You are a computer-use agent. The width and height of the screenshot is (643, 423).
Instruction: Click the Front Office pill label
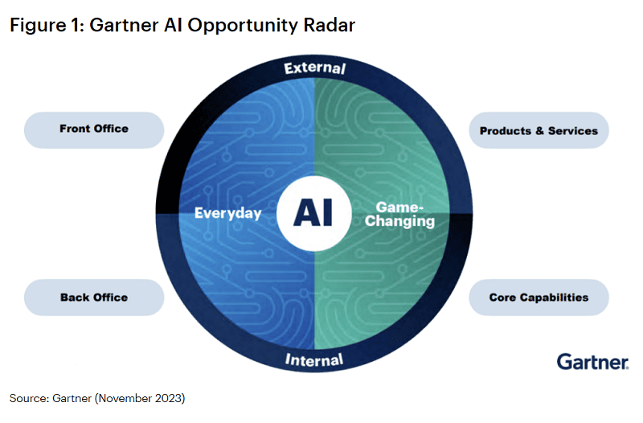coord(94,129)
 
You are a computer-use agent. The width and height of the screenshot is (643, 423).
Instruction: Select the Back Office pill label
coord(94,298)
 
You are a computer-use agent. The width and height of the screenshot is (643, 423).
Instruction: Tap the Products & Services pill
coord(539,130)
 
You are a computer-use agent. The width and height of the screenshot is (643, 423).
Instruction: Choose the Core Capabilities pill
coord(539,298)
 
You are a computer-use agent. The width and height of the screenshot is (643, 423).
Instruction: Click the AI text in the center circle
coord(313,212)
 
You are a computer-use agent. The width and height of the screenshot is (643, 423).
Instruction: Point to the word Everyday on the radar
coord(228,213)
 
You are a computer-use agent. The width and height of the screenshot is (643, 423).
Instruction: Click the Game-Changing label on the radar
coord(399,214)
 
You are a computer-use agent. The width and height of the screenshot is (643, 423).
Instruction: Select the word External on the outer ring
coord(315,68)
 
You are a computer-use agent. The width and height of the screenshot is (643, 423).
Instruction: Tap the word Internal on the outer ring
coord(314,359)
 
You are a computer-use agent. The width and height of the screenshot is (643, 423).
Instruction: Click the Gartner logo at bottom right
coord(592,362)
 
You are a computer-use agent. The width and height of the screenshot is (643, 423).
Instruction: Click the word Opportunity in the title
coord(243,26)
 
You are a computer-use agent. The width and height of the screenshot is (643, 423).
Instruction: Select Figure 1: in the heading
coord(47,25)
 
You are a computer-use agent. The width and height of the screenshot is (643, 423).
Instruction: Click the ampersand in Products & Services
coord(539,131)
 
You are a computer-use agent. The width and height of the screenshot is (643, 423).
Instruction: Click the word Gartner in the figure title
coord(124,25)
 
